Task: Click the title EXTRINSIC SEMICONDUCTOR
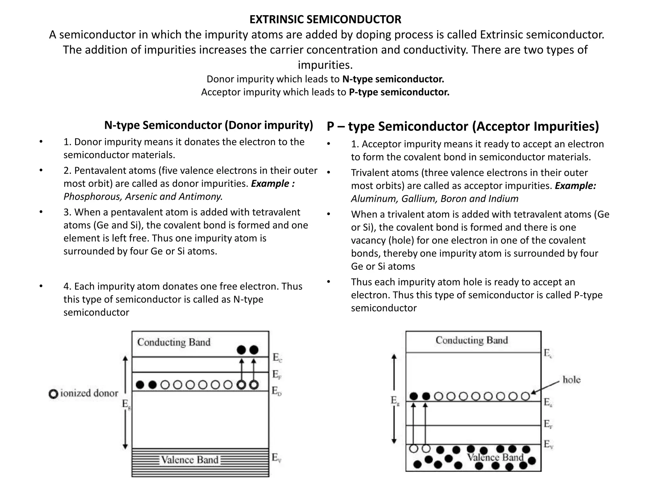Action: [x=325, y=20]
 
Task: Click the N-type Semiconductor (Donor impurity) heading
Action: [x=209, y=125]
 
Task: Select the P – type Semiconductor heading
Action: [x=463, y=126]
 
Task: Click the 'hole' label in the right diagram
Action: [x=571, y=380]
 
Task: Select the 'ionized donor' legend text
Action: [x=89, y=393]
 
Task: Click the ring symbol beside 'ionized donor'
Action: [x=53, y=394]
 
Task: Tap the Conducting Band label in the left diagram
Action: [x=174, y=342]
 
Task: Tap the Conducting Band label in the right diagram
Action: [x=472, y=340]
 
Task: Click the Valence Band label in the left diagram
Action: [x=189, y=460]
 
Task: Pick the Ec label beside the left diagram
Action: [x=277, y=358]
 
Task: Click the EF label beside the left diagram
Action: [x=277, y=375]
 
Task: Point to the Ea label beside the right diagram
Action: [x=548, y=403]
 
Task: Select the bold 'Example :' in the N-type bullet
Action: [x=273, y=184]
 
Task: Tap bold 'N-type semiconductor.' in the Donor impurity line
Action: [x=393, y=79]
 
